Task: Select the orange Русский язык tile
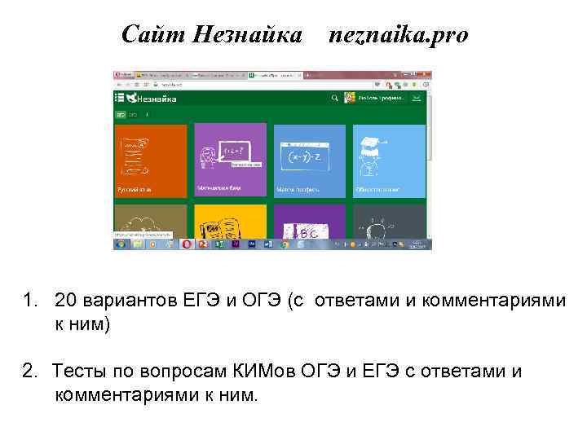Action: tap(151, 161)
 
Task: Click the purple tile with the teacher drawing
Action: tap(231, 161)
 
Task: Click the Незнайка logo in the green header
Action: tap(147, 98)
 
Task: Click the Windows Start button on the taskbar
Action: tap(119, 244)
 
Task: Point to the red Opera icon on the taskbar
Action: tap(187, 244)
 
